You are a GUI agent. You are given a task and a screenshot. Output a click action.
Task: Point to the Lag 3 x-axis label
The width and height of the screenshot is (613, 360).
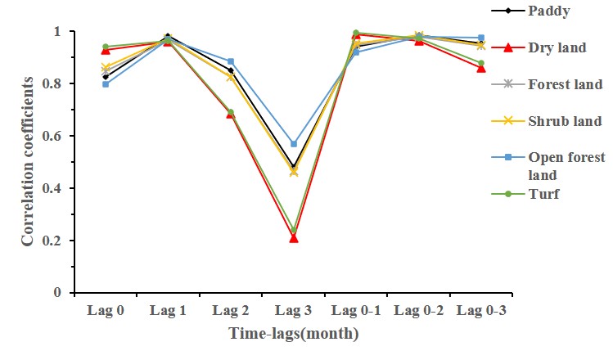[293, 310]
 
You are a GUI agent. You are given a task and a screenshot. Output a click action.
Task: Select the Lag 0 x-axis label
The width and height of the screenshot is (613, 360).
[106, 310]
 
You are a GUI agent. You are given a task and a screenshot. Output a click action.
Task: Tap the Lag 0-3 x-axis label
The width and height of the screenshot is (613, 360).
[480, 310]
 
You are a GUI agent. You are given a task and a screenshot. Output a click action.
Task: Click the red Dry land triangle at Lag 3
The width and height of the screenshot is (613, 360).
[293, 238]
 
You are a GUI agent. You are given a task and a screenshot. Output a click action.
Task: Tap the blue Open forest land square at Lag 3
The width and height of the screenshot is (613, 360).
[293, 144]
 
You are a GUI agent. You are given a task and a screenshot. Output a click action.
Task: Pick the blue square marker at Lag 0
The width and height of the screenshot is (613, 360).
[106, 84]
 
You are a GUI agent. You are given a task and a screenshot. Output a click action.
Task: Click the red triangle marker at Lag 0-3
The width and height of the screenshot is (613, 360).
[480, 68]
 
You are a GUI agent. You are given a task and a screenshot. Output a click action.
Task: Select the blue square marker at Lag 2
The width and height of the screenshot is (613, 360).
[231, 61]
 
